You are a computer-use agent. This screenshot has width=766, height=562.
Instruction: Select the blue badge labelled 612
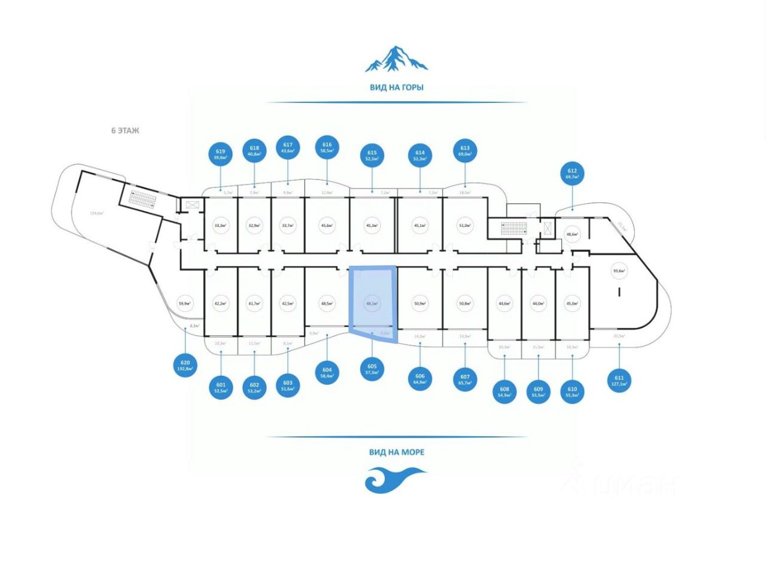571,174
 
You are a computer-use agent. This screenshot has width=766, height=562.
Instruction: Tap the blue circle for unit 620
185,365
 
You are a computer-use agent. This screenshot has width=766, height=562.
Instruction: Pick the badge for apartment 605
372,369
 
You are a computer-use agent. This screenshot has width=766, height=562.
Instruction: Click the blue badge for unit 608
504,391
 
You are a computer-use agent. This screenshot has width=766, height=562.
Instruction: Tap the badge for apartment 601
221,388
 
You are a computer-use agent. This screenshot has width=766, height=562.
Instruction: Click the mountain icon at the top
396,59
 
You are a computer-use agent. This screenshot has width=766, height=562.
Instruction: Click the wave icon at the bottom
396,480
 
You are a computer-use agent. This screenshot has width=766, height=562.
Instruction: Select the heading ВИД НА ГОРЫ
396,87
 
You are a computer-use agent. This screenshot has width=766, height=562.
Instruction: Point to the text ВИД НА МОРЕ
396,452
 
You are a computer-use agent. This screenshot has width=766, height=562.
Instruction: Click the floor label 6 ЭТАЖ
125,130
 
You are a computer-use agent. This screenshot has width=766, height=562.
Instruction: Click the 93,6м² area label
619,271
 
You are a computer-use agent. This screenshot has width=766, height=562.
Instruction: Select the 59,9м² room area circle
185,303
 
